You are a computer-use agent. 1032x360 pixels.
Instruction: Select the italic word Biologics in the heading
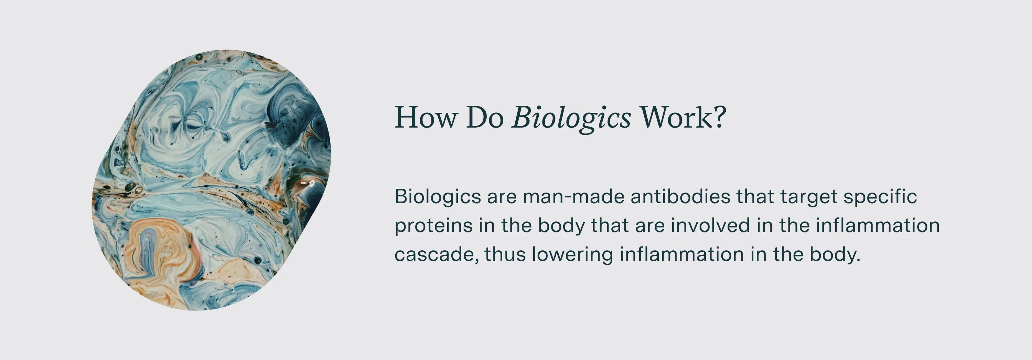coord(571,119)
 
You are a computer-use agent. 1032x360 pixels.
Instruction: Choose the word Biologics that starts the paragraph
coord(438,197)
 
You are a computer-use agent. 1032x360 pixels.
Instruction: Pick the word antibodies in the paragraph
coord(680,197)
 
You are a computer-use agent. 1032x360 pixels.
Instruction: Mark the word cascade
coord(436,255)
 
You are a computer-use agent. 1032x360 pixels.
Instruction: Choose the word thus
coord(505,254)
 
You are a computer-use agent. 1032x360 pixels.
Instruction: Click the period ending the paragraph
coord(858,261)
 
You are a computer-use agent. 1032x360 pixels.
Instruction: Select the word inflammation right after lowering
coord(681,254)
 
